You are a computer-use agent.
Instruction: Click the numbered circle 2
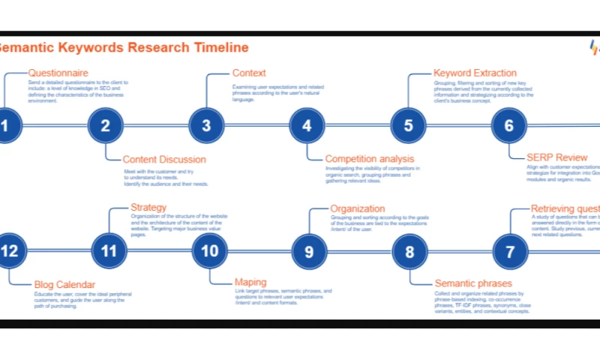[105, 125]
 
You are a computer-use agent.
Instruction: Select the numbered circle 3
[206, 125]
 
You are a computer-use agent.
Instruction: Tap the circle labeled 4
[307, 125]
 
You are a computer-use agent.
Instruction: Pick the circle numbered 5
[408, 125]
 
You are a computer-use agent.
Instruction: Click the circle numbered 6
[509, 125]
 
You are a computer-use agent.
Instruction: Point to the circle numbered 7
[511, 251]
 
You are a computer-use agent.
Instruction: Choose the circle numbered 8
[409, 251]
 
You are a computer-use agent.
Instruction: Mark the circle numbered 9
[309, 251]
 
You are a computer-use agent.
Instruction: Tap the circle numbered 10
[209, 251]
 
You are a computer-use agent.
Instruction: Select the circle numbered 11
[109, 251]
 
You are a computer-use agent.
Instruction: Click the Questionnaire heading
[58, 73]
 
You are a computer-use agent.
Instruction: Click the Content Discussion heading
[163, 159]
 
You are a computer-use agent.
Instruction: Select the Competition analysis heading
[369, 159]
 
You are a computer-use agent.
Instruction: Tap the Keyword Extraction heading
[475, 73]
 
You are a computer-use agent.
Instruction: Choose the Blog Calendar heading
[64, 284]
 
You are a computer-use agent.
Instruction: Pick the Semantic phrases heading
[473, 283]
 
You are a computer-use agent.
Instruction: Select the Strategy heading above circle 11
[148, 207]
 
